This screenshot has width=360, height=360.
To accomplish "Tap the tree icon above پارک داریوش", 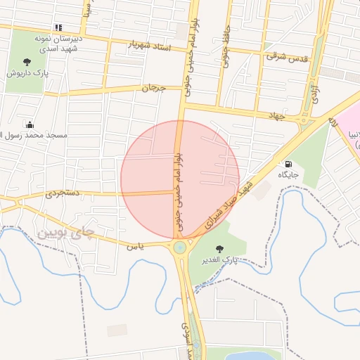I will [x=27, y=61].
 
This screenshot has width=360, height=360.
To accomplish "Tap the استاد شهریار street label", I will [x=148, y=46].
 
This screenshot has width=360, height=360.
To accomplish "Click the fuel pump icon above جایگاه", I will [x=288, y=164].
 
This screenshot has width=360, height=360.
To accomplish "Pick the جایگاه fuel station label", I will [x=288, y=174].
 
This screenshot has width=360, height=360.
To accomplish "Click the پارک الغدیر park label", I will [x=220, y=260].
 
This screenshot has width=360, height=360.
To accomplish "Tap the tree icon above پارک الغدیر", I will [x=220, y=249].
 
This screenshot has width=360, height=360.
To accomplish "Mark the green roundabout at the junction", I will [x=180, y=247].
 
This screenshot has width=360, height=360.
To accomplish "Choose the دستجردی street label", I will [x=63, y=191].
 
